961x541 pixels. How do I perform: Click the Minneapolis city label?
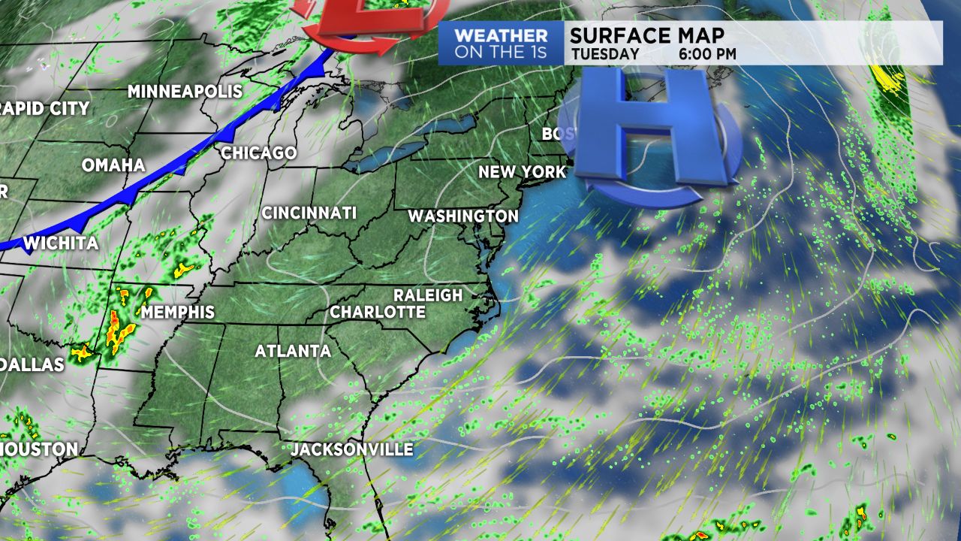pos(185,92)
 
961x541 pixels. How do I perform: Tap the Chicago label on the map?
pos(259,153)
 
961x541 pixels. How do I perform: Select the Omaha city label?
pos(113,165)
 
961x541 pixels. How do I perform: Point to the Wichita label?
pos(61,243)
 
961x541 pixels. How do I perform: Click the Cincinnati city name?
pos(309,213)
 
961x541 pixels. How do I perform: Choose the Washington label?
pos(462,216)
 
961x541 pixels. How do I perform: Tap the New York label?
pos(522,172)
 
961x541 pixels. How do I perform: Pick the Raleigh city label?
pos(428,295)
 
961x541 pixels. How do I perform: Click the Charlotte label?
pos(378,312)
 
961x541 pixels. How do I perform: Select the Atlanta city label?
pos(293,351)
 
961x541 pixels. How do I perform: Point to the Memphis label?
pos(178,312)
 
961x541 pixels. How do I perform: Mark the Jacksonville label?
pos(352,450)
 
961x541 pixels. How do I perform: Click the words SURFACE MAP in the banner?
pos(646,35)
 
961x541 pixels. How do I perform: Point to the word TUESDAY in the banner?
pos(605,54)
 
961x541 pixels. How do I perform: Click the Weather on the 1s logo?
pos(501,43)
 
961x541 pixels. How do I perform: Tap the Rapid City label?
pos(45,108)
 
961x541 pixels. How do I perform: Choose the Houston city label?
pos(38,450)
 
